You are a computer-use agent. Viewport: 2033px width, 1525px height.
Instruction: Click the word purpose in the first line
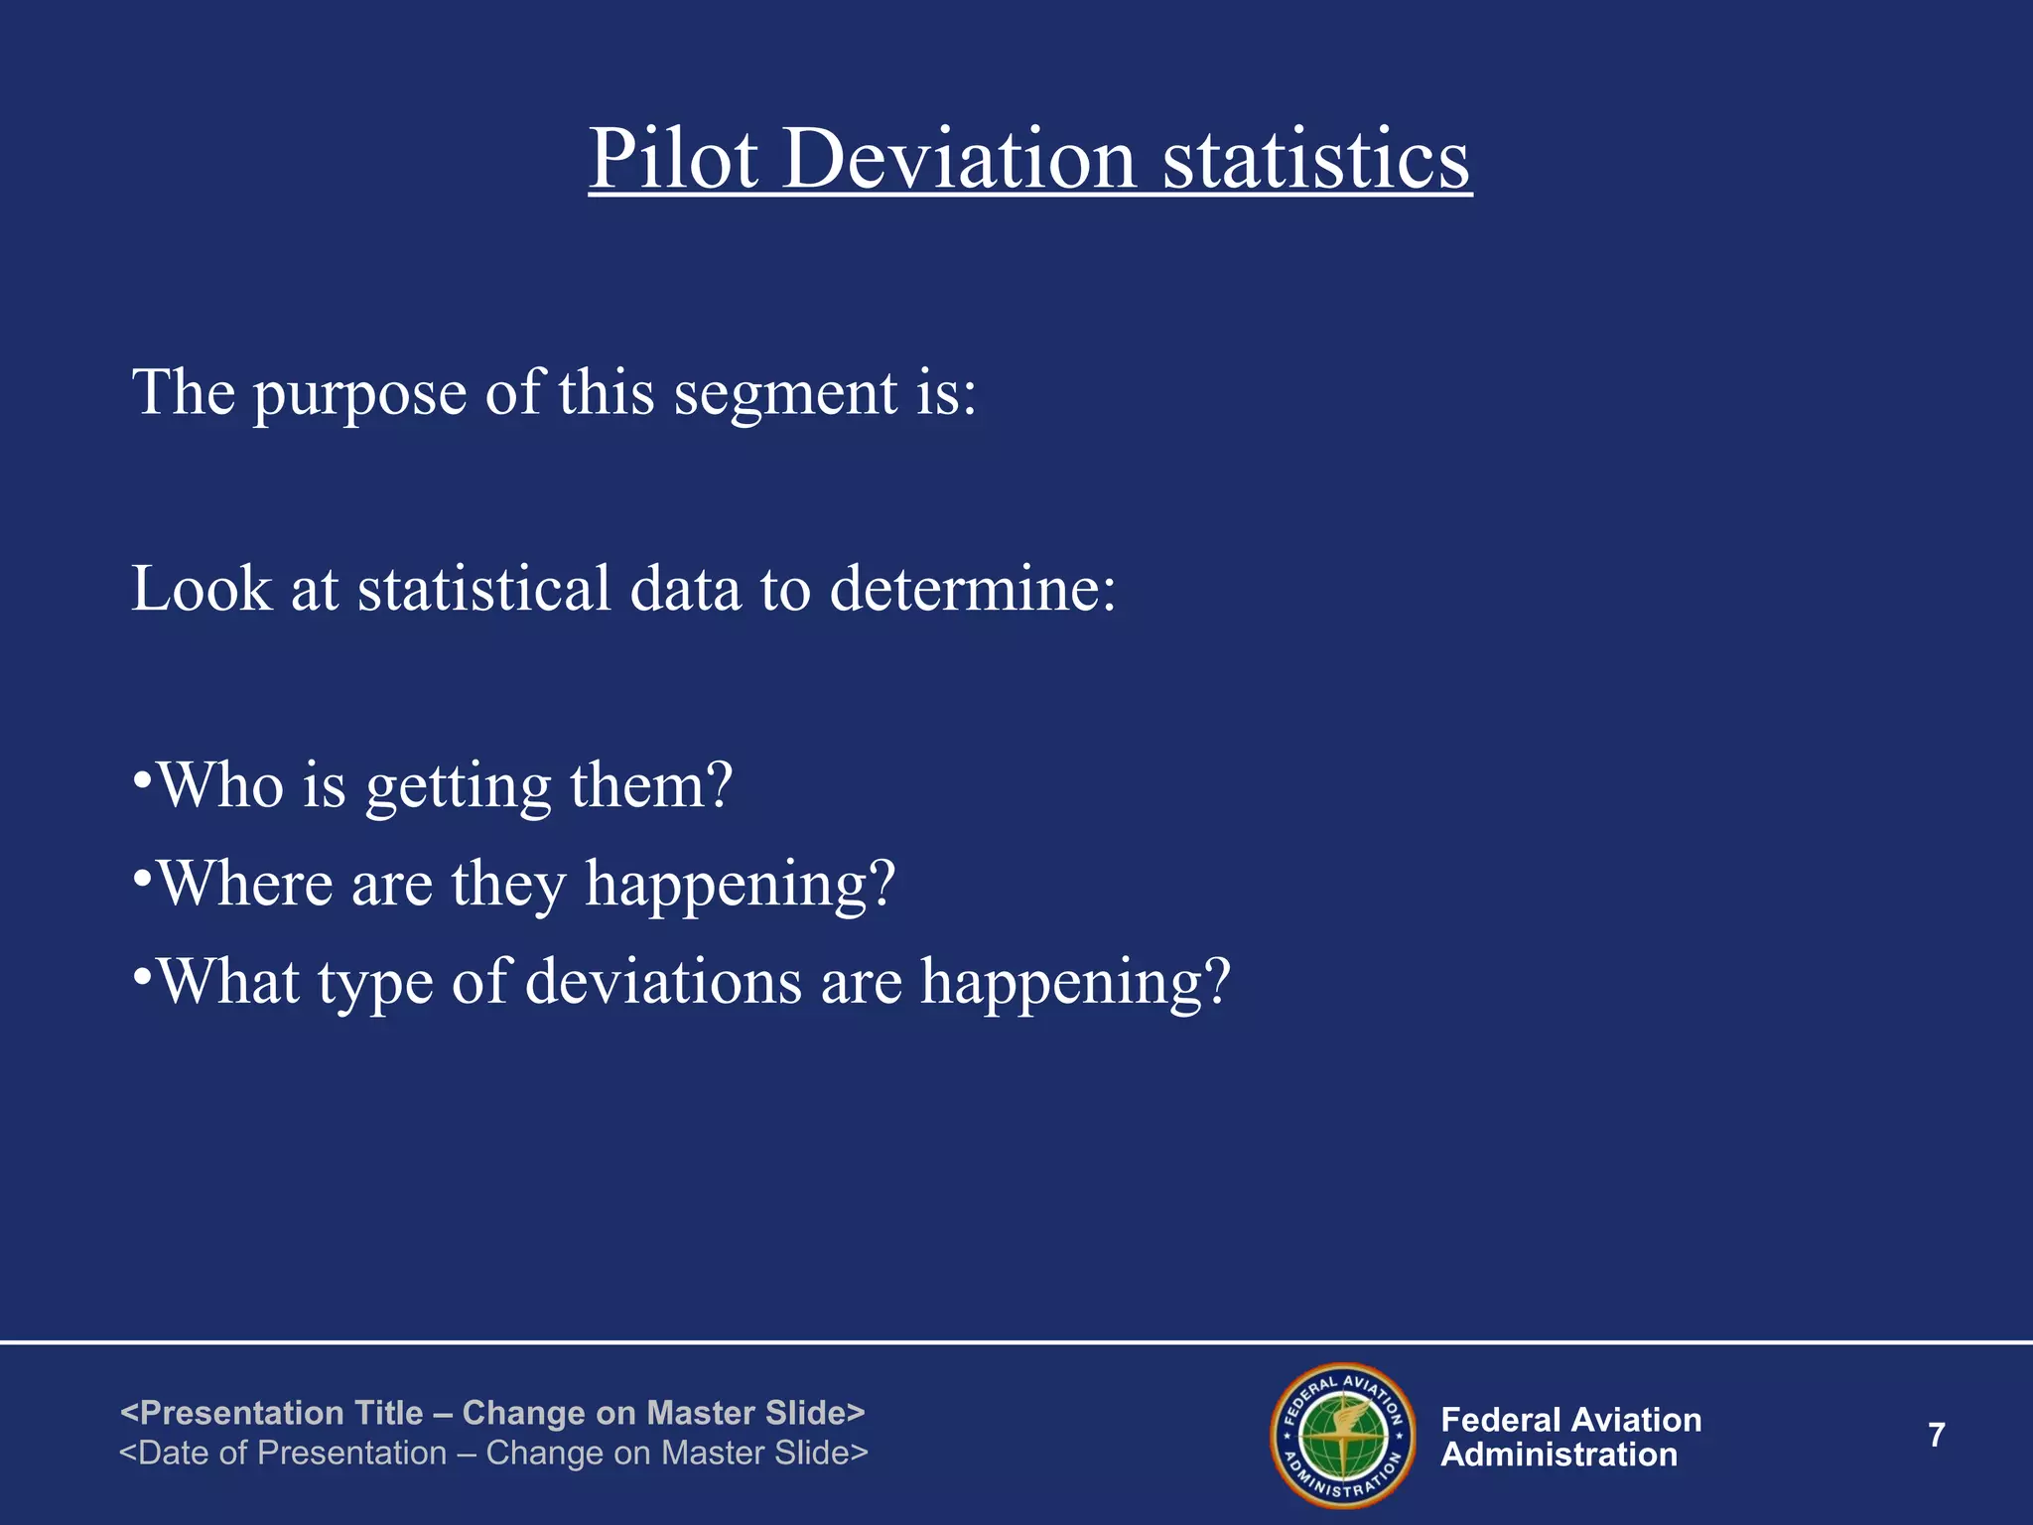[359, 395]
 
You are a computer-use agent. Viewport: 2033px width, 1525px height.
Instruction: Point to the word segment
[786, 395]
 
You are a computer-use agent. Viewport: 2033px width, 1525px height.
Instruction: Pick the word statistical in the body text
[483, 589]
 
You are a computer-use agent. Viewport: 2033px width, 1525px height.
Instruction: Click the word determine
[973, 589]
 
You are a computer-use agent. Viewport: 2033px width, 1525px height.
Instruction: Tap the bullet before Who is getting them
[142, 777]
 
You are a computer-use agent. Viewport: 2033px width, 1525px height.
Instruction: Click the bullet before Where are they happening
[142, 876]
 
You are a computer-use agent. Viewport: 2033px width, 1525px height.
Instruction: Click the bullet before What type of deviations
[142, 974]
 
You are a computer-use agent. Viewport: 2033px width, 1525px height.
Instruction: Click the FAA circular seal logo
[1343, 1435]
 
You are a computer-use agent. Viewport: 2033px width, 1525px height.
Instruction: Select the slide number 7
[1936, 1435]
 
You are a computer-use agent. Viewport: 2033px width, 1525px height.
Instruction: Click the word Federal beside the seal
[1504, 1420]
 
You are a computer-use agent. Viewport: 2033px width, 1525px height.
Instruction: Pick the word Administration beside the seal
[1559, 1456]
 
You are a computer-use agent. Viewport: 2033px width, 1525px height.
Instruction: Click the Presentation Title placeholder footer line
[492, 1413]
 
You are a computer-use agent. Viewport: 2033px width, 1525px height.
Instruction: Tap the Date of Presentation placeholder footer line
[493, 1453]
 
